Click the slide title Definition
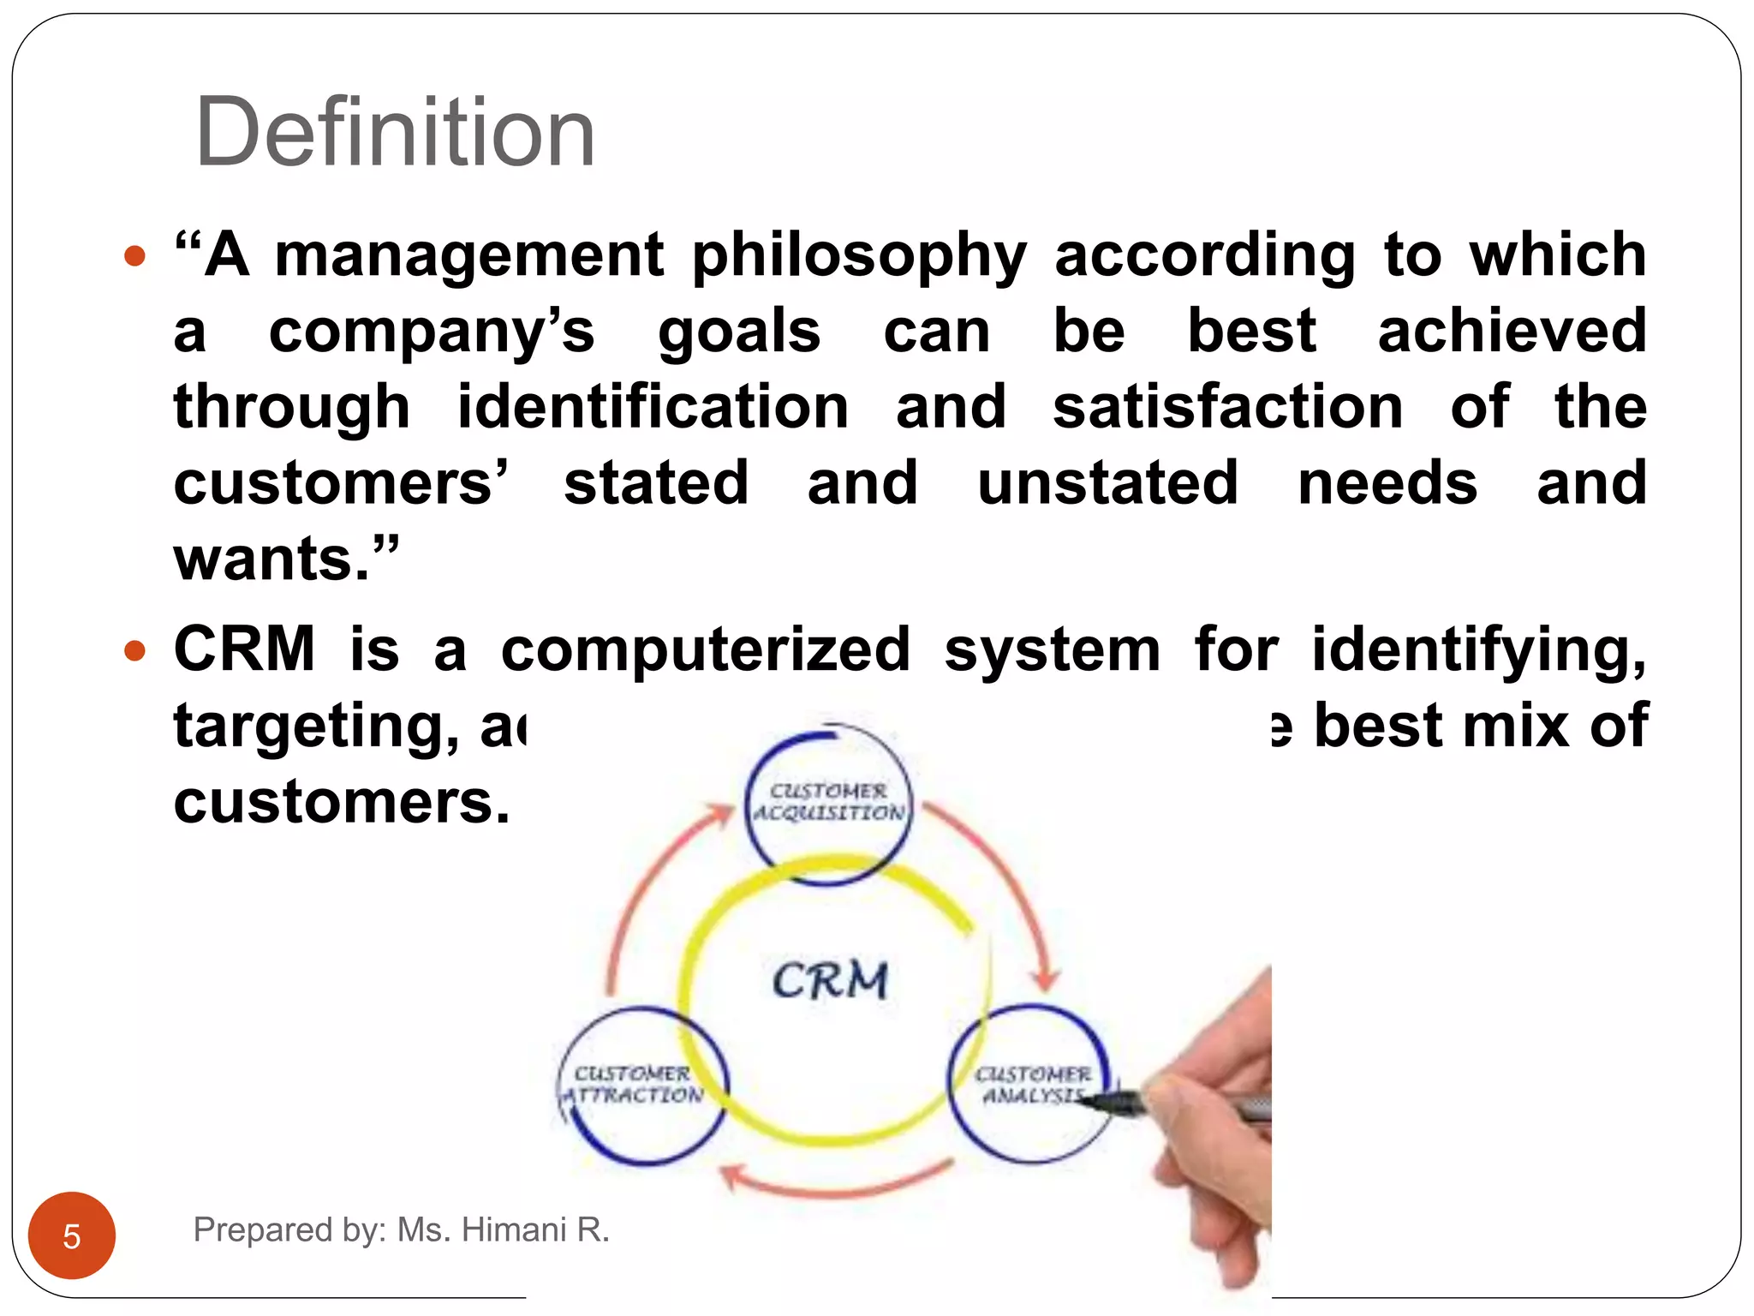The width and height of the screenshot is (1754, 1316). click(x=395, y=133)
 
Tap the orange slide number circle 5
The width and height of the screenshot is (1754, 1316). click(x=72, y=1235)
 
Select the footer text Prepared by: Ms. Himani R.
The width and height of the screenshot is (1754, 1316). click(x=401, y=1229)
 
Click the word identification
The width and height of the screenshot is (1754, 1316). click(x=653, y=407)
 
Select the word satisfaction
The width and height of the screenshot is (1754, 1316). click(x=1228, y=407)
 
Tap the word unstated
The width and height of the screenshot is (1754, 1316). click(x=1108, y=483)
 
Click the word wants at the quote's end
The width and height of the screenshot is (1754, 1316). click(x=272, y=559)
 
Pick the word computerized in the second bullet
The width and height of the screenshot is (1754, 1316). click(x=706, y=649)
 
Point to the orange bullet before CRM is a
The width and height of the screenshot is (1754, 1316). click(x=134, y=651)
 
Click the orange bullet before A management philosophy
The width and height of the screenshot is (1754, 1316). click(x=134, y=256)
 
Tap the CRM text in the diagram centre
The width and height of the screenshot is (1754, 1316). click(x=830, y=980)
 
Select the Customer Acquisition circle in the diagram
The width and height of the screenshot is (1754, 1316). click(x=828, y=803)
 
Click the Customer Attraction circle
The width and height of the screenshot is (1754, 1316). click(x=642, y=1086)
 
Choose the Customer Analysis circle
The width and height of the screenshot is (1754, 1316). click(x=1031, y=1085)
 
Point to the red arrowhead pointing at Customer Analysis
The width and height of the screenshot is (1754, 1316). click(x=1044, y=980)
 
